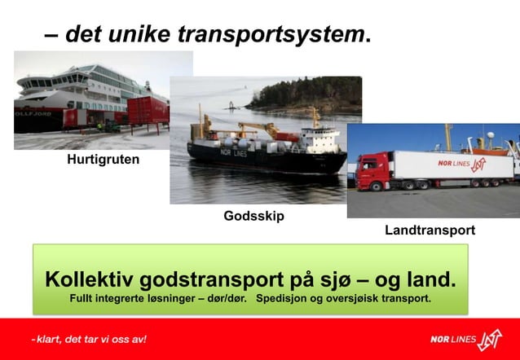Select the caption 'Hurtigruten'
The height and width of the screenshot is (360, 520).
pyautogui.click(x=103, y=160)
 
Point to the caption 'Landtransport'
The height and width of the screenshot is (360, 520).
pyautogui.click(x=430, y=230)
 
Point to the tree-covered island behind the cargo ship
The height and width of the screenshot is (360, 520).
pyautogui.click(x=302, y=95)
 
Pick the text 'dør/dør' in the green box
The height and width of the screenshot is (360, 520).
pyautogui.click(x=223, y=300)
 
